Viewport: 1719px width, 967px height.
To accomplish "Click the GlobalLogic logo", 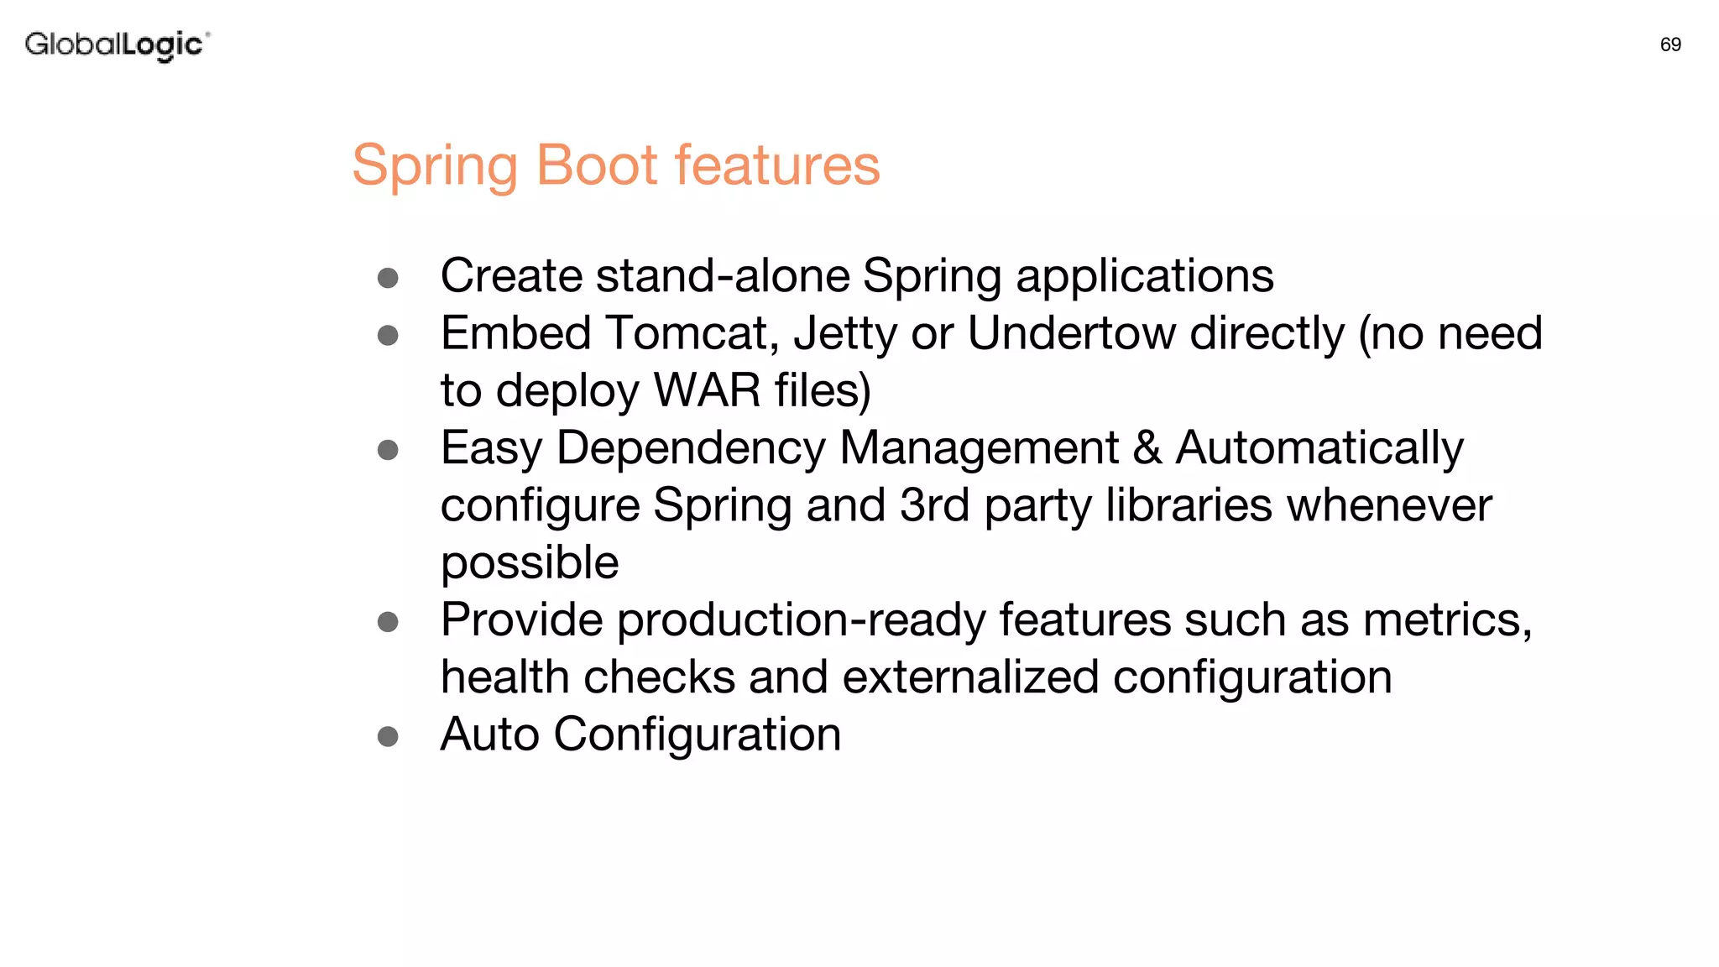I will tap(117, 44).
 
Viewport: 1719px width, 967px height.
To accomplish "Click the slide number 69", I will tap(1670, 44).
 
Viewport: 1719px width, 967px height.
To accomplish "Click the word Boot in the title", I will tap(596, 165).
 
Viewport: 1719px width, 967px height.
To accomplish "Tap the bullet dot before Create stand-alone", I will tap(388, 278).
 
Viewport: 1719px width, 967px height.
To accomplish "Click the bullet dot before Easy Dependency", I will tap(388, 450).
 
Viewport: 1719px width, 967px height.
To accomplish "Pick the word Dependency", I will tap(691, 449).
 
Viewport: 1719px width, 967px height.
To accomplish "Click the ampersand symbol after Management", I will tap(1147, 448).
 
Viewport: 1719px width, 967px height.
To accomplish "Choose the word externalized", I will tap(970, 677).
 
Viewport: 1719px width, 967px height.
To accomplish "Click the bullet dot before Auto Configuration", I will tap(388, 736).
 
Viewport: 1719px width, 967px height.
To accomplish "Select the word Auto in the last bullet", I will tap(490, 734).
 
